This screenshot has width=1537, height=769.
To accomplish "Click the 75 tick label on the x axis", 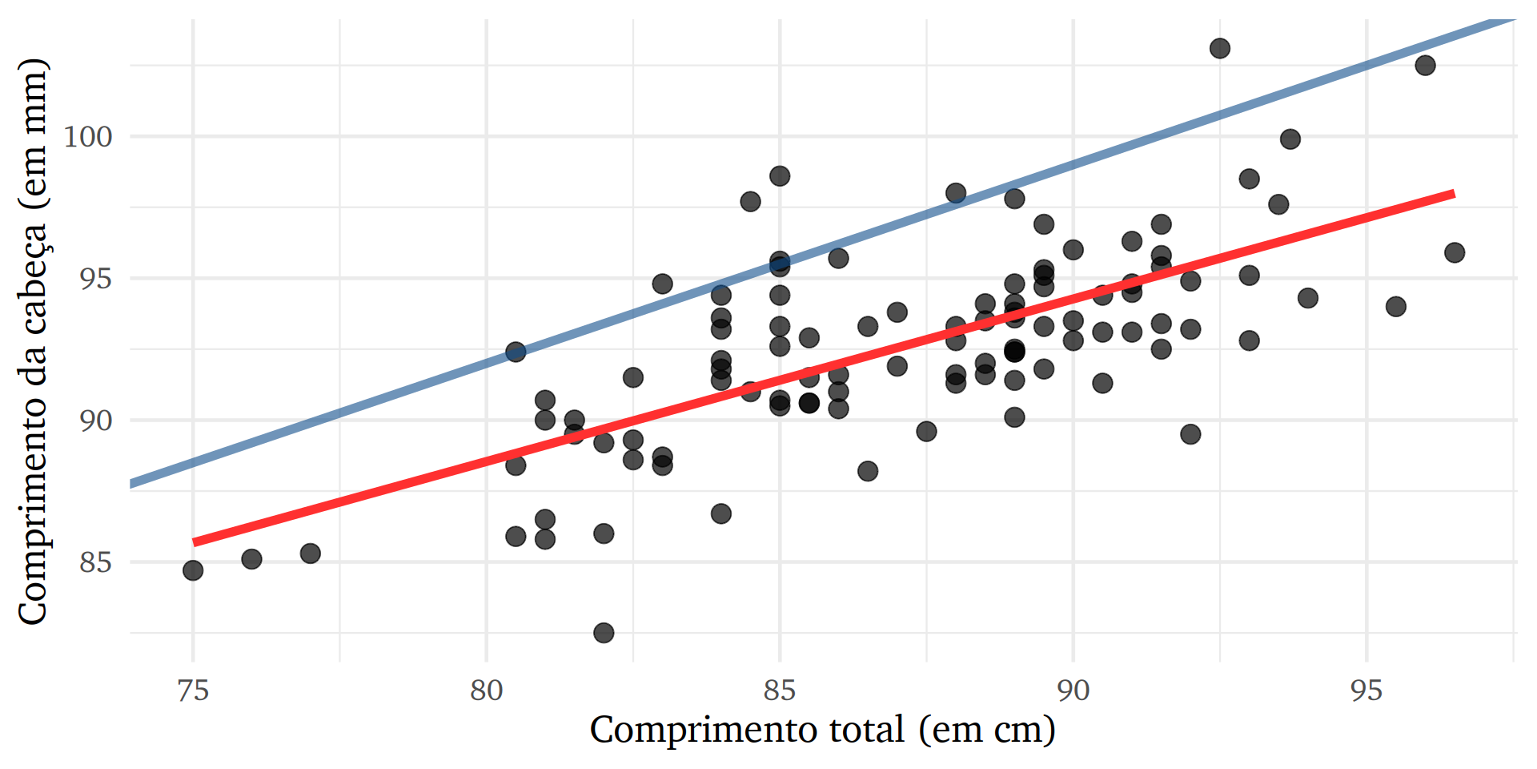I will (193, 690).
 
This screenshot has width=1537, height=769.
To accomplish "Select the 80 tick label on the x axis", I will (486, 690).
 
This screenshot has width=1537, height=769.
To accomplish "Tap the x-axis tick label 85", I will (780, 690).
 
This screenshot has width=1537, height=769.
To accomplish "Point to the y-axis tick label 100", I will (88, 136).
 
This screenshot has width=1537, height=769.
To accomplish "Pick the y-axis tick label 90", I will (95, 420).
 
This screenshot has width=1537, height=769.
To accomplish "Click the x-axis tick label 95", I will (1366, 690).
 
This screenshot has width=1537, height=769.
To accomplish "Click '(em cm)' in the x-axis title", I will (987, 730).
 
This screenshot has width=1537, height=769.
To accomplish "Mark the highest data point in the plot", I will (1219, 49).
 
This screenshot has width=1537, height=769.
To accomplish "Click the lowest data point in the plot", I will (604, 633).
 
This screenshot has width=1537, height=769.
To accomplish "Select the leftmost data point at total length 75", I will (193, 570).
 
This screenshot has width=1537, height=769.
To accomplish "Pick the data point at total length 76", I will (251, 559).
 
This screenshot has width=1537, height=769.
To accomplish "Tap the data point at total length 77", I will (311, 554).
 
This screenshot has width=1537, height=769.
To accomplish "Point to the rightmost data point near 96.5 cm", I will (1455, 253).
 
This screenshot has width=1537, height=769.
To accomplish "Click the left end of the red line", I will (195, 542).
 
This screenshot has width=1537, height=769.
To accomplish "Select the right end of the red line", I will (1453, 194).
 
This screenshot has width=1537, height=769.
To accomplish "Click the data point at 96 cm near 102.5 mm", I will (1425, 66).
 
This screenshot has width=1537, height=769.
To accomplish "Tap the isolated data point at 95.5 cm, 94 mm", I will (1396, 307).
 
